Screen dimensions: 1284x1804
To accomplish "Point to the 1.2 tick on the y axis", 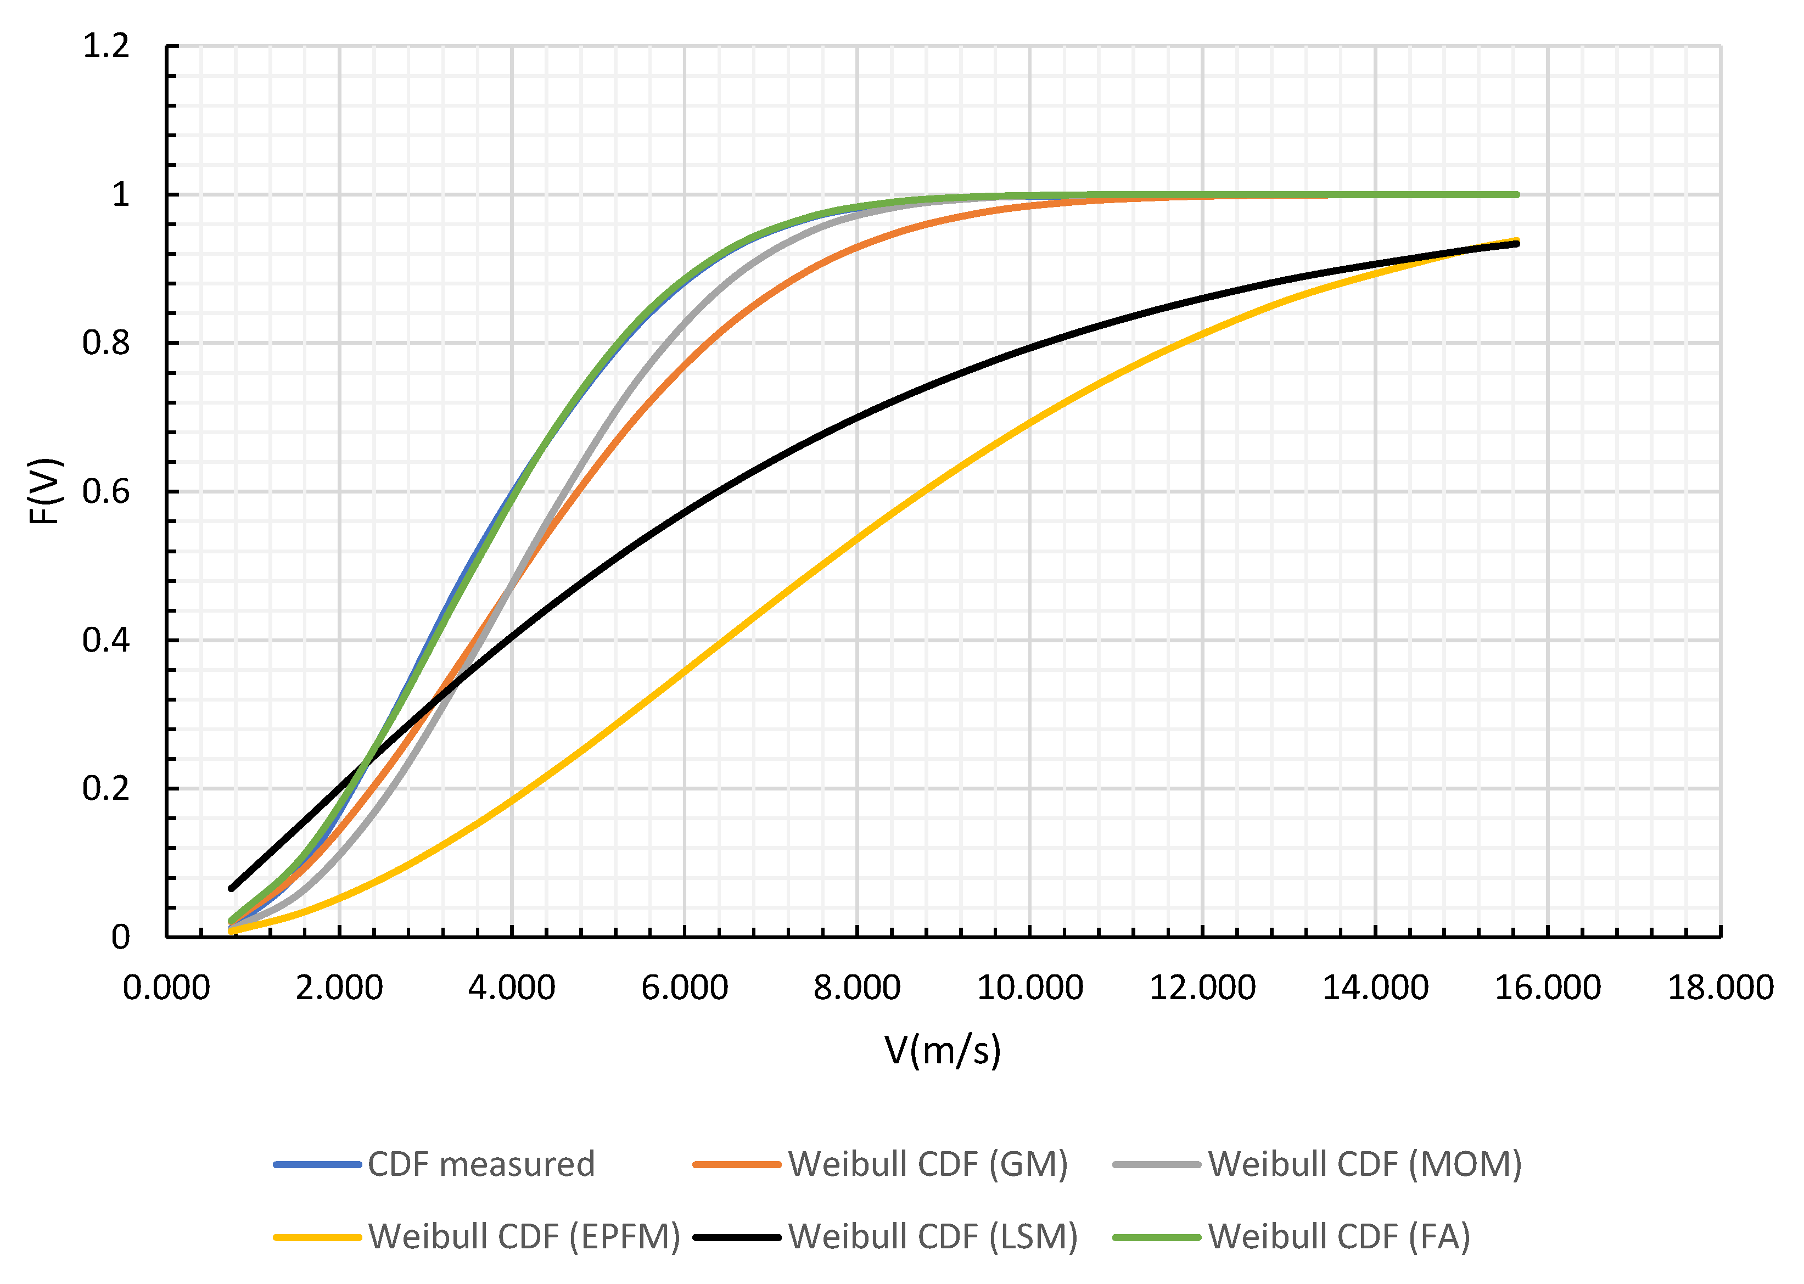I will point(106,46).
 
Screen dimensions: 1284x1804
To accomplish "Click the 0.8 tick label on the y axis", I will point(106,343).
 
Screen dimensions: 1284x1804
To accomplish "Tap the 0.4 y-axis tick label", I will point(106,641).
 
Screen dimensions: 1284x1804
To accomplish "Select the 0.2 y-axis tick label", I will point(106,788).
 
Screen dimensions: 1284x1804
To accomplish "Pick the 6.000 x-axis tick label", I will point(685,988).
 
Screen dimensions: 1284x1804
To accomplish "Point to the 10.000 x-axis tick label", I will point(1030,988).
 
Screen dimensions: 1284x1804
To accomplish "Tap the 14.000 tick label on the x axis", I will point(1376,988).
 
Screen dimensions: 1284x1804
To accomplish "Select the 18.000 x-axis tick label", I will point(1720,988).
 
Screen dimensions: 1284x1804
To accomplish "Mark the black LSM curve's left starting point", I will point(232,888).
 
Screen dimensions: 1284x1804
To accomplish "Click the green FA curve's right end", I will point(1517,194).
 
